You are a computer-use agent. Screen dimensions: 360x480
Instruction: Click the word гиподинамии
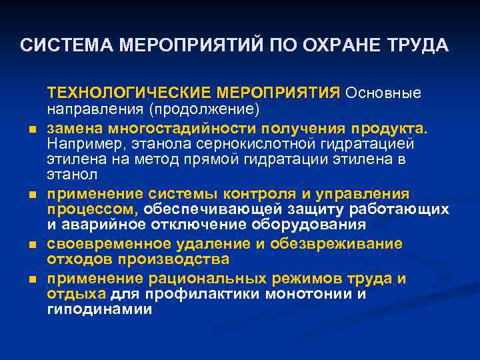(99, 310)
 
